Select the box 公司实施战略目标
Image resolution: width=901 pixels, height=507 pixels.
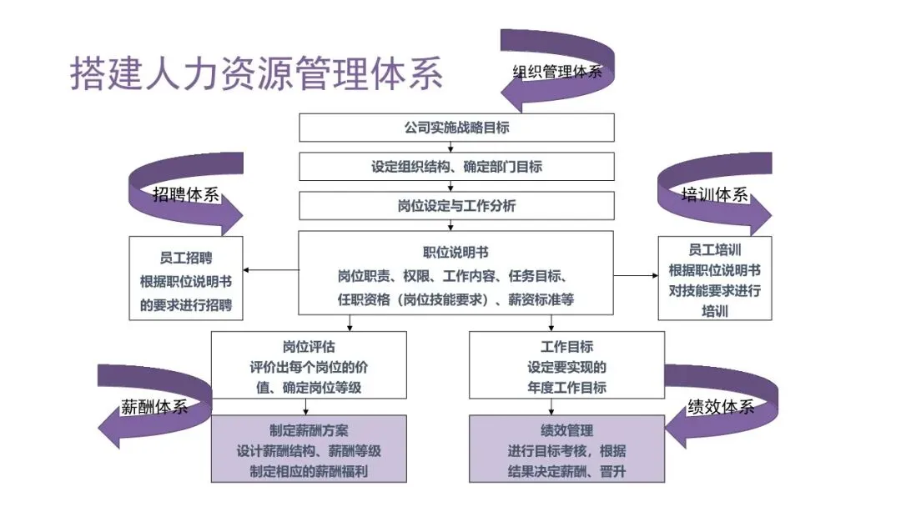point(456,128)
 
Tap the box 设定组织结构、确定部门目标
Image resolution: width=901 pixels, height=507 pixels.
point(456,167)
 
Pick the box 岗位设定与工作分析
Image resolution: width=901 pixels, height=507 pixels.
point(456,205)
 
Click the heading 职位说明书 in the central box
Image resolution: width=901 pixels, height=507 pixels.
point(456,252)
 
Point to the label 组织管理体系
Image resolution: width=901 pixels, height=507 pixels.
point(556,71)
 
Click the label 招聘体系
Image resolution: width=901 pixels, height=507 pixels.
point(185,195)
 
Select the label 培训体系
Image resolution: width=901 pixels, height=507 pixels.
point(714,195)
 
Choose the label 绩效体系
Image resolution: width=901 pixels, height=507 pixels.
point(720,407)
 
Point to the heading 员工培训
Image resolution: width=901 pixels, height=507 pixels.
point(715,249)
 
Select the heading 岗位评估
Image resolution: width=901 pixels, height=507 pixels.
point(309,346)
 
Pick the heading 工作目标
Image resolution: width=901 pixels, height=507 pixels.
point(566,346)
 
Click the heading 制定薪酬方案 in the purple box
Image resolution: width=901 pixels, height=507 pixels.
point(309,431)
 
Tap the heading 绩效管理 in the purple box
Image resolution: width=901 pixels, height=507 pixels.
point(566,431)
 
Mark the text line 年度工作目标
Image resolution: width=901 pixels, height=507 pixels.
point(566,388)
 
